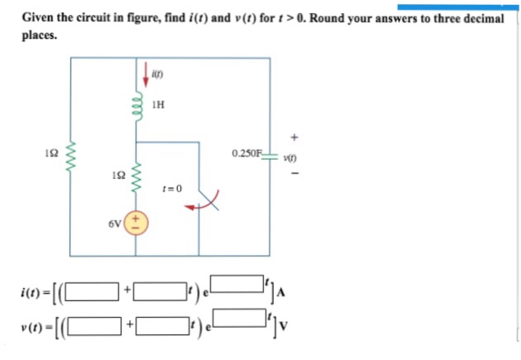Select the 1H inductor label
[159, 105]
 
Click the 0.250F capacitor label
[247, 153]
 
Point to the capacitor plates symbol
[270, 156]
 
